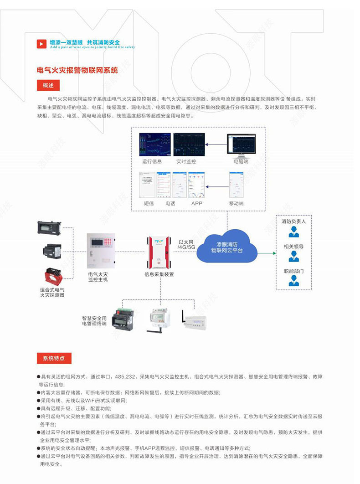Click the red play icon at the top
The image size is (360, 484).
coord(41,44)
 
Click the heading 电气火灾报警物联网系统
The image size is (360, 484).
coord(77,70)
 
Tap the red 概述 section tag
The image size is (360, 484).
coord(48,85)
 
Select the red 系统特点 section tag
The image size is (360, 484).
coord(53,358)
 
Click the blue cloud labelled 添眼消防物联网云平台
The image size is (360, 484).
coord(226,247)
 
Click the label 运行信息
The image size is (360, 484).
coord(152,161)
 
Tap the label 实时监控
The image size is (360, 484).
coord(186,161)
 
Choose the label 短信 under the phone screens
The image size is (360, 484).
coord(149,203)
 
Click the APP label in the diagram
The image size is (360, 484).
coord(196,203)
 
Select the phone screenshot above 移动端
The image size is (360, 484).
coord(235,185)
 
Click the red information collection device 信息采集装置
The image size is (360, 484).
coord(159,252)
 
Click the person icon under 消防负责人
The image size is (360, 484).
coord(293,232)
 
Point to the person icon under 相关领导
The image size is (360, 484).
coord(293,257)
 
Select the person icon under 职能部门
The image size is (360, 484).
coord(293,282)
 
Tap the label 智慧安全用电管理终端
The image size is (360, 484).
coord(94,320)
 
